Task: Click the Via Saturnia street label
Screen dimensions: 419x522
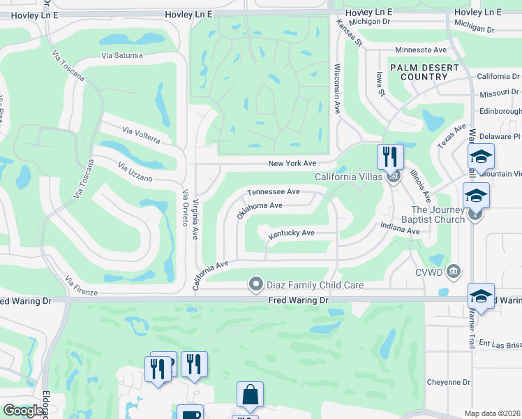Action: tap(121, 55)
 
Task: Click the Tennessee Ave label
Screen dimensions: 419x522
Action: tap(273, 191)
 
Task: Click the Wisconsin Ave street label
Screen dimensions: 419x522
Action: tap(337, 89)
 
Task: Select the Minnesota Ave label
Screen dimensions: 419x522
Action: tap(420, 50)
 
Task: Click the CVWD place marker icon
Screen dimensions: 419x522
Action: tap(454, 270)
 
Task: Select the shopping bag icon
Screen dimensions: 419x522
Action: tap(250, 394)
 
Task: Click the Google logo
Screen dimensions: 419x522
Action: tap(23, 411)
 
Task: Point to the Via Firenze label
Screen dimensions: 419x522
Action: tap(81, 286)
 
